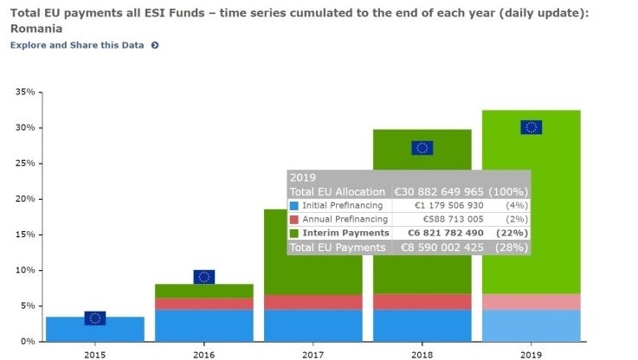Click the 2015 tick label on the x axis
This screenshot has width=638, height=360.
pos(95,353)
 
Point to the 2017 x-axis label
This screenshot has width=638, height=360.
pos(313,353)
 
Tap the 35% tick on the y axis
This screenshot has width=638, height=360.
pos(25,92)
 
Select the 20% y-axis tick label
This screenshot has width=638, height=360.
pos(25,199)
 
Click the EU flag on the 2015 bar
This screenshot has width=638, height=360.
pos(95,318)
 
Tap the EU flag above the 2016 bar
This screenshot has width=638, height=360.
pos(203,277)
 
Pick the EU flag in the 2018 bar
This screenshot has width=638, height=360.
pos(422,147)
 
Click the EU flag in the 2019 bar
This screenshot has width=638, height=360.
pos(531,127)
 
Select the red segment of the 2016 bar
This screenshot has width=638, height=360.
pos(204,304)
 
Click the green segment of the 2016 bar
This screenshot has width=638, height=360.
pos(204,291)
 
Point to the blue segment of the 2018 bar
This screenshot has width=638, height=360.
pos(422,325)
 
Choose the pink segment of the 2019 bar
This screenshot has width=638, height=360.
pos(531,301)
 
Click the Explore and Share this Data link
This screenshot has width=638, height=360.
pos(77,45)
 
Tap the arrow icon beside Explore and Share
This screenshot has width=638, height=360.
pos(155,45)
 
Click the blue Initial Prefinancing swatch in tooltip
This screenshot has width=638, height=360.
pos(294,206)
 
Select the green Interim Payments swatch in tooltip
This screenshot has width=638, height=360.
pos(294,234)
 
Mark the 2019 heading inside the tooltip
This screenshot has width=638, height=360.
pos(303,177)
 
